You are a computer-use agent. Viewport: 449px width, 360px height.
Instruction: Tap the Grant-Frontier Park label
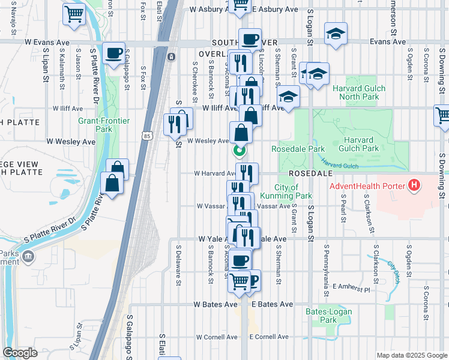pos(104,125)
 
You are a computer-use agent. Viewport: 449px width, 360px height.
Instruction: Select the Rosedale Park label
pos(298,149)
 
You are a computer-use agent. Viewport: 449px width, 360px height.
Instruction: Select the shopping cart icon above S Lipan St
pos(74,13)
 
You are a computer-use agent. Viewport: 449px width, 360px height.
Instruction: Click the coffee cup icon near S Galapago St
pos(113,53)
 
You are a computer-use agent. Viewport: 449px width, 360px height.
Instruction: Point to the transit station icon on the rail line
pos(172,57)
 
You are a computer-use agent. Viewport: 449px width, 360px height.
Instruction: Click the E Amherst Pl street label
pos(352,289)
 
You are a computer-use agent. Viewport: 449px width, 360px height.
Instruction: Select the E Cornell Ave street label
pos(269,337)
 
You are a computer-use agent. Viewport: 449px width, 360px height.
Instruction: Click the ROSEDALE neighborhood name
pos(310,173)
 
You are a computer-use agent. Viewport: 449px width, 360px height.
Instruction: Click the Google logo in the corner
pos(20,353)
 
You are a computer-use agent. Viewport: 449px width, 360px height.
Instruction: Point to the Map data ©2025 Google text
pos(411,355)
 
